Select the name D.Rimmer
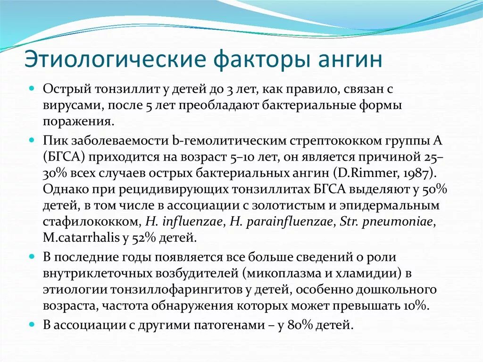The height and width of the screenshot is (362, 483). click(374, 171)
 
